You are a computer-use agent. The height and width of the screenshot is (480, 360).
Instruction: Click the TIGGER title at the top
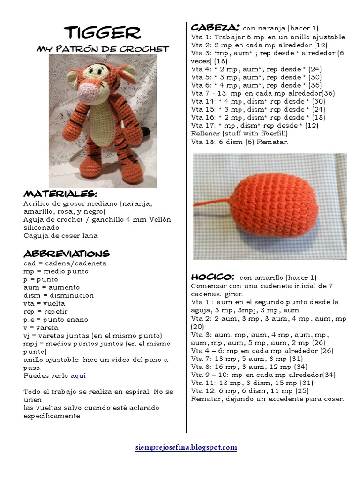(102, 33)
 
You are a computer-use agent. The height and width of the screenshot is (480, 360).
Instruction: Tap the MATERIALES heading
(60, 194)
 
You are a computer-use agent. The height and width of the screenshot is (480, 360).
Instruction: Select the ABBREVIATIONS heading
(67, 254)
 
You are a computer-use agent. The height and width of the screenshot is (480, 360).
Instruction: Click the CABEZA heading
(216, 27)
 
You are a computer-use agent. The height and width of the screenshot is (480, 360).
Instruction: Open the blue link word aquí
(78, 376)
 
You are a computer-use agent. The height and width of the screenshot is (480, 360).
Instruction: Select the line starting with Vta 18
(240, 142)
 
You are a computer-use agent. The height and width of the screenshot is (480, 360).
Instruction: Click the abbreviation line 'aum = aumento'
(52, 287)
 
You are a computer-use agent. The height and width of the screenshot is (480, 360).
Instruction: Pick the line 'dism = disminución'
(59, 295)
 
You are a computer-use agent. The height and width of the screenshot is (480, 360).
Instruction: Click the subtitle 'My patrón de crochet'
(103, 49)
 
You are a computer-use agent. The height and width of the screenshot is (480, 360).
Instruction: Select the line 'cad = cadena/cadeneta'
(65, 263)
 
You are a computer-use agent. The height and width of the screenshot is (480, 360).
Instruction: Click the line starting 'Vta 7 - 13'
(263, 93)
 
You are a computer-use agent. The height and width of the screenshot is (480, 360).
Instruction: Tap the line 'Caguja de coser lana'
(60, 235)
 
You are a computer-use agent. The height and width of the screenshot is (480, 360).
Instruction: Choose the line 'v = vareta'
(41, 328)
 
